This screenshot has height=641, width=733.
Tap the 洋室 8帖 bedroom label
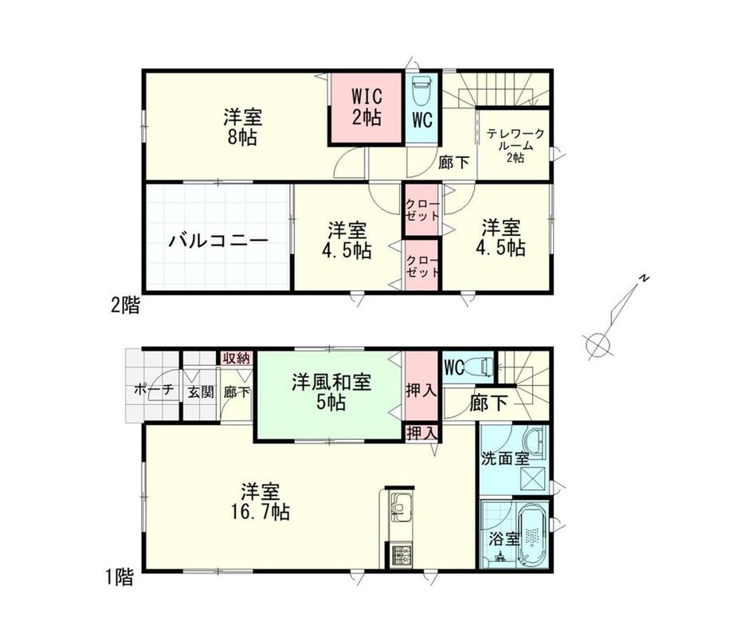pyautogui.click(x=243, y=127)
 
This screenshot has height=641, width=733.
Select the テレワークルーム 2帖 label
pyautogui.click(x=515, y=146)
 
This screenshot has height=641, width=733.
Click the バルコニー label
pyautogui.click(x=218, y=242)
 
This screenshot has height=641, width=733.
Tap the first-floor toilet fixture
pyautogui.click(x=480, y=365)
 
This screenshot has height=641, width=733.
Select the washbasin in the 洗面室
pyautogui.click(x=535, y=444)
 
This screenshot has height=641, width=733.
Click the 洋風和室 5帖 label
pyautogui.click(x=331, y=392)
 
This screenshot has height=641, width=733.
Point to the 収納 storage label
pyautogui.click(x=237, y=359)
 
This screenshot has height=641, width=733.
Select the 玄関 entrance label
pyautogui.click(x=201, y=392)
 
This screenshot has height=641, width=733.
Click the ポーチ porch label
pyautogui.click(x=154, y=390)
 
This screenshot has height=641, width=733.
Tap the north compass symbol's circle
pyautogui.click(x=598, y=346)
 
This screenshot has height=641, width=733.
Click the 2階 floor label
pyautogui.click(x=125, y=306)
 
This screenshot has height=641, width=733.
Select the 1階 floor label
pyautogui.click(x=120, y=577)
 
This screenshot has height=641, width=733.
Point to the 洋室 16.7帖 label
pyautogui.click(x=260, y=502)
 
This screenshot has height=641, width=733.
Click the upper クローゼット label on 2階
pyautogui.click(x=422, y=210)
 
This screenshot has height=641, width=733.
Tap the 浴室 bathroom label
pyautogui.click(x=504, y=539)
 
